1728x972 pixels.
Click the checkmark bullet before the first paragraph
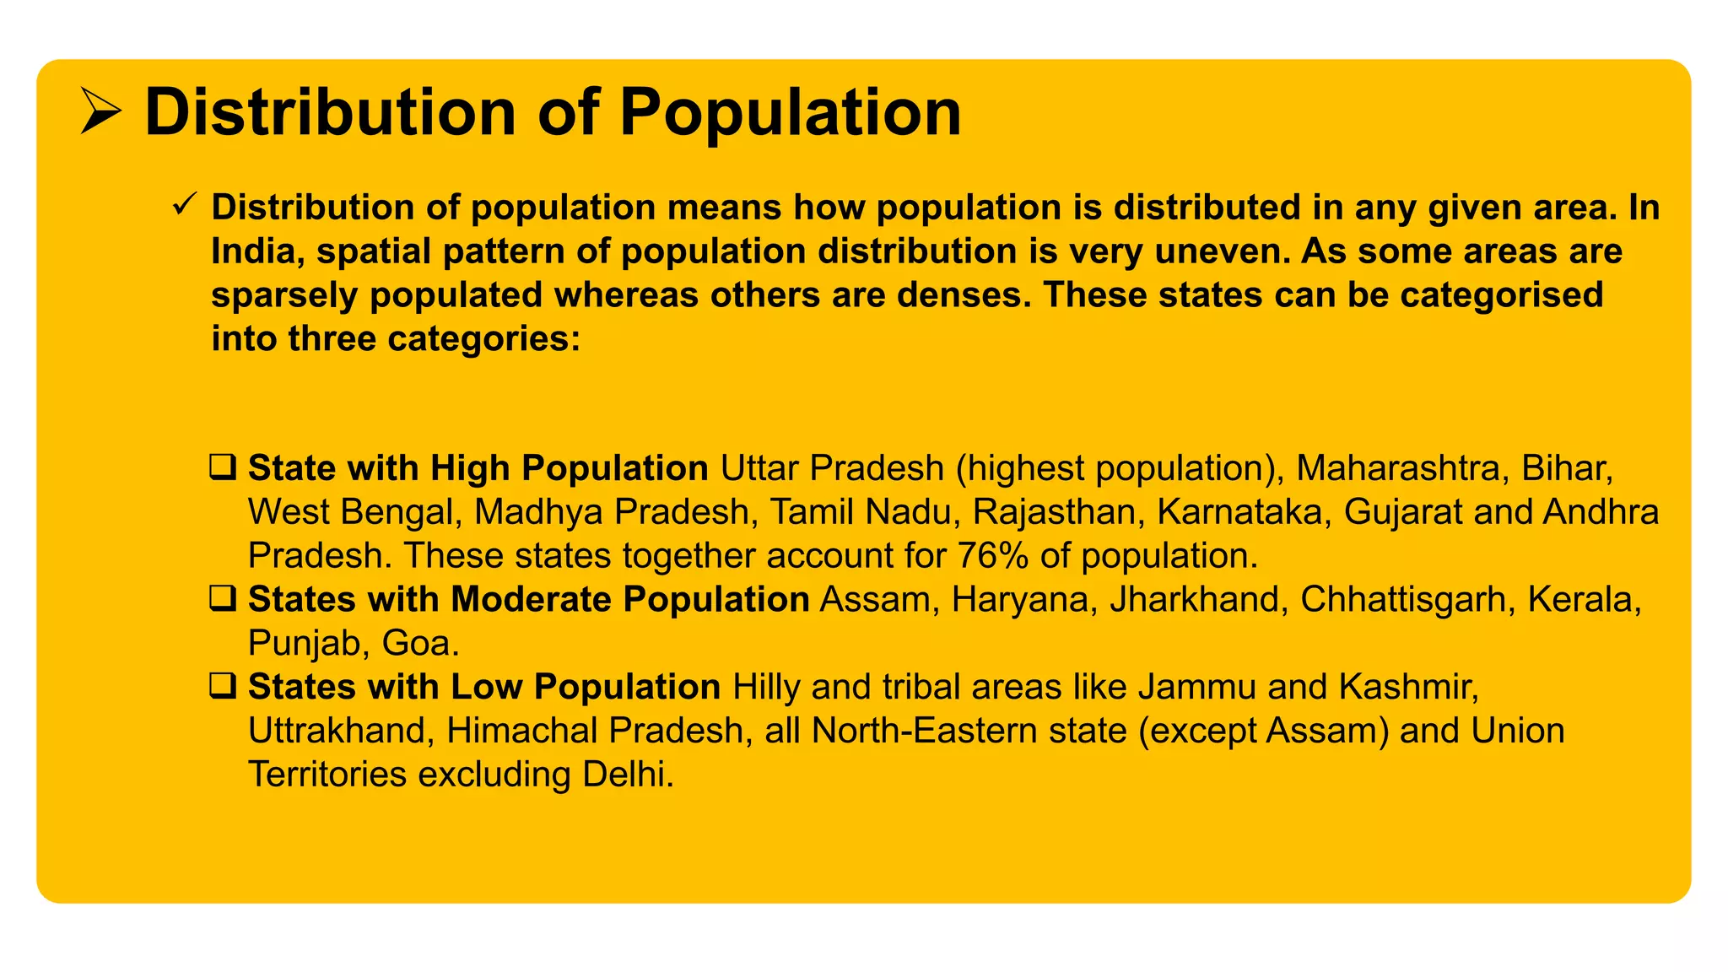184,204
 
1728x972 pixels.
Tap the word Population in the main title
791,112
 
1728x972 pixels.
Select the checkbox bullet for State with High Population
223,467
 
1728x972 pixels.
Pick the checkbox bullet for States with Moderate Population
223,599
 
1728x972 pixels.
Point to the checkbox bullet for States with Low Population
223,687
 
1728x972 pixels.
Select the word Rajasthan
1054,512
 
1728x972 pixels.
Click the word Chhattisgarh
1403,600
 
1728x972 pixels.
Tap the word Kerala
1584,600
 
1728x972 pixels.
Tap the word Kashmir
1408,688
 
